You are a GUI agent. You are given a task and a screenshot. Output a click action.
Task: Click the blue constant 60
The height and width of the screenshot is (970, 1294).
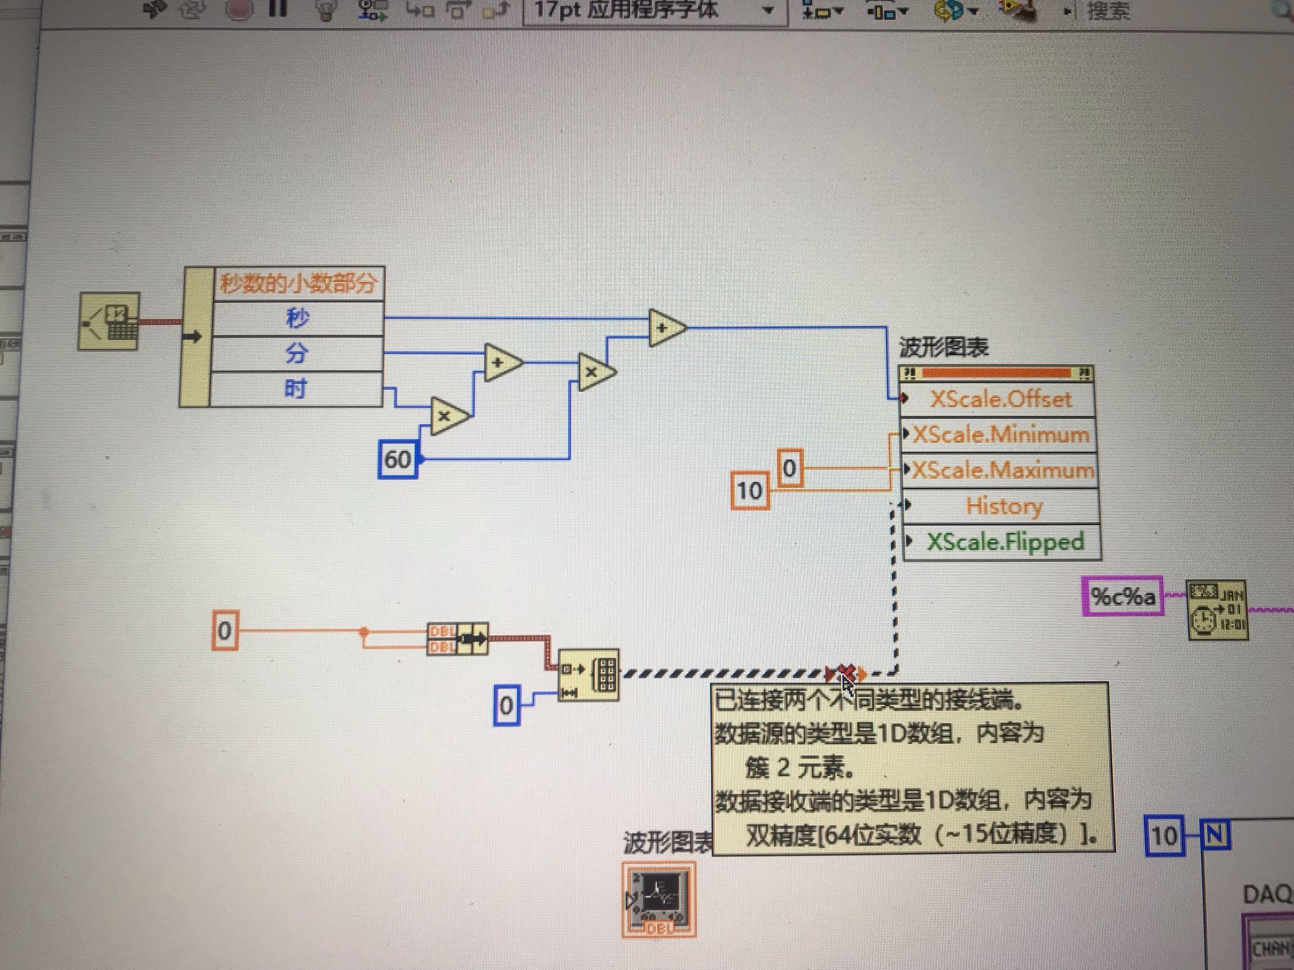coord(397,459)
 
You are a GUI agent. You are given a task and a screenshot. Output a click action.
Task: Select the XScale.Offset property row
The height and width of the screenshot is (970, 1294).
coord(1000,399)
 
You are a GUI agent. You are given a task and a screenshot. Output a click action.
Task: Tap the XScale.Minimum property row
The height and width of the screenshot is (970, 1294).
coord(1000,434)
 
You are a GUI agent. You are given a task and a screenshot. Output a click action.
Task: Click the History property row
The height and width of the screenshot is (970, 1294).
coord(1003,506)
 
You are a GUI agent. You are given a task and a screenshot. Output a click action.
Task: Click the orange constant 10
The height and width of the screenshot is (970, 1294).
coord(749,491)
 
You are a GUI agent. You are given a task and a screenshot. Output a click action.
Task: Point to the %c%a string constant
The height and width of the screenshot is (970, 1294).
coord(1123,596)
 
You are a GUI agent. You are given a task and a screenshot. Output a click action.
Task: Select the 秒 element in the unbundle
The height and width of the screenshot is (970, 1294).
coord(298,318)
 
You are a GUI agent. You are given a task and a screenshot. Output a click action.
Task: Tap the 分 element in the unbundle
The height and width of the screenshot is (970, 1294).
coord(296,354)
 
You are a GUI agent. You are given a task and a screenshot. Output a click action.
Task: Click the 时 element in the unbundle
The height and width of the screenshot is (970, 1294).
coord(296,389)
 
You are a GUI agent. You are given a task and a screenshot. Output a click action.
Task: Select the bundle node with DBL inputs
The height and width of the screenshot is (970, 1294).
coord(457,639)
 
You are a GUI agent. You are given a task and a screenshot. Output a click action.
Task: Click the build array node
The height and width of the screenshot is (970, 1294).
coord(588,675)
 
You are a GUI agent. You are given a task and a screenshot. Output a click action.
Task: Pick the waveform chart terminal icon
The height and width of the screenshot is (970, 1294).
coord(659,899)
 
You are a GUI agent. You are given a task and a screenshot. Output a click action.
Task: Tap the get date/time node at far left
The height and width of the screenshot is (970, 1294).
coord(109,321)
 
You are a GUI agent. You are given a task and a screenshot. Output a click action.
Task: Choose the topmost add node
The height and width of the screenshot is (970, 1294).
coord(666,328)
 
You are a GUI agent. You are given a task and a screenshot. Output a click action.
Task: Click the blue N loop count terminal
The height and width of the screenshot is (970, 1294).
coord(1214,835)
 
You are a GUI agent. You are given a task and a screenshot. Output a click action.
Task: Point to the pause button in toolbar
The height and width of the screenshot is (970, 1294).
coord(278,9)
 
